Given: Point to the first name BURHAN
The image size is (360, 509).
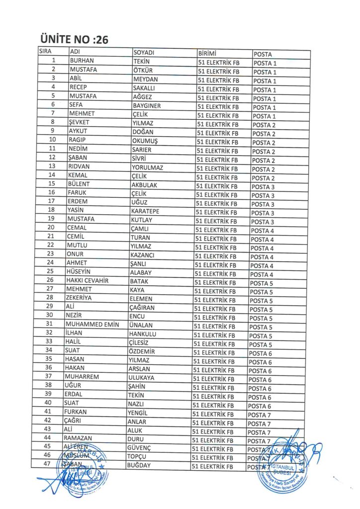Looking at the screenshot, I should tap(83, 61).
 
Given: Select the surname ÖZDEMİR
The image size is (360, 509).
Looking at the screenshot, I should tap(142, 351).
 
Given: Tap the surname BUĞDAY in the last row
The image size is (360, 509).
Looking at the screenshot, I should tap(139, 465).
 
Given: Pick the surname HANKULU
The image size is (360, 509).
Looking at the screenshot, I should tap(142, 334).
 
